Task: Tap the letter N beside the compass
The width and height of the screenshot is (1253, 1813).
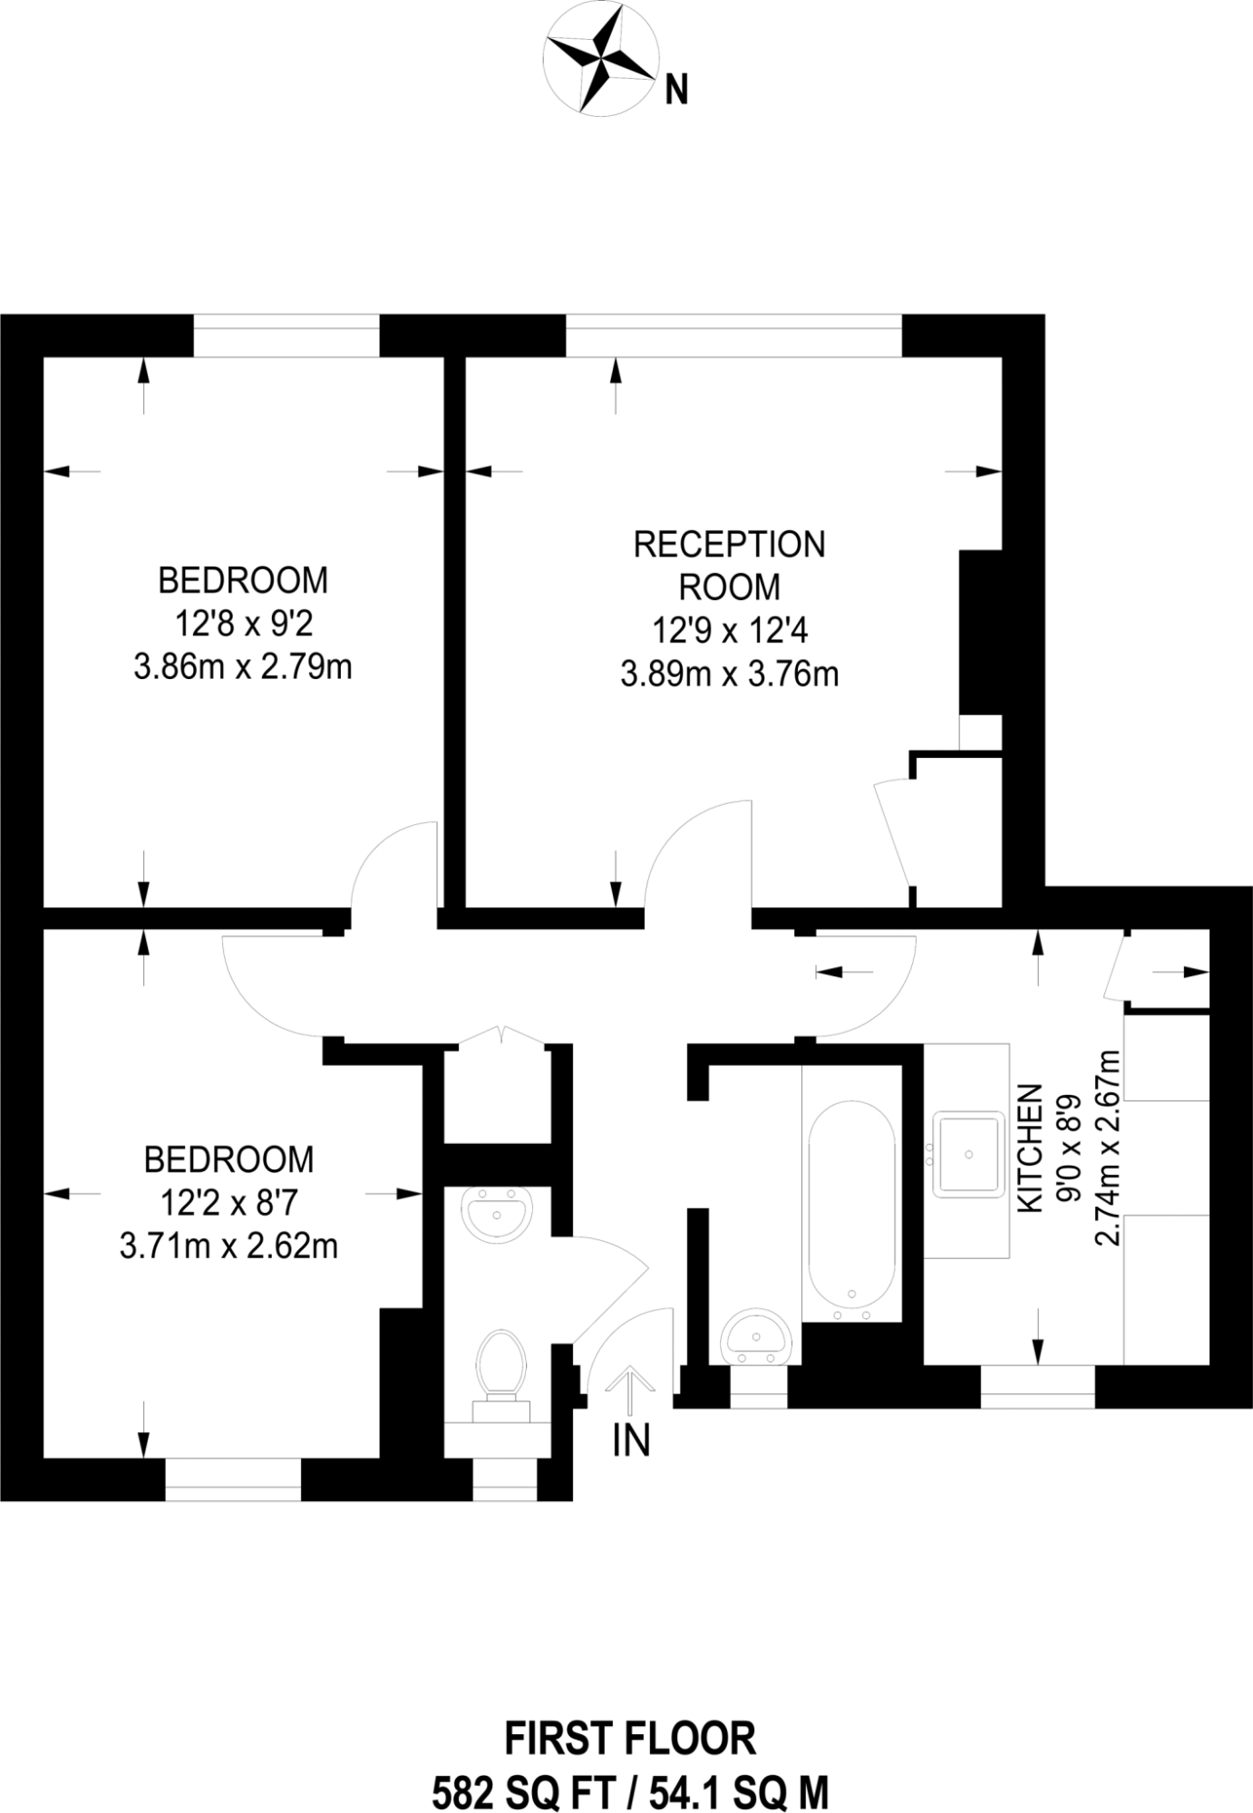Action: coord(676,91)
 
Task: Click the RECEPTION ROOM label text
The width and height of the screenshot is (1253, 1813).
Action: coord(729,566)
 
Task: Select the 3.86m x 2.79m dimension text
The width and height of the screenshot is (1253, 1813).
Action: coord(242,668)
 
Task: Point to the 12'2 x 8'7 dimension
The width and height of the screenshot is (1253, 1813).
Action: coord(228,1203)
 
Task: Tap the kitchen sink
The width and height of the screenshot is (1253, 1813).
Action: coord(969,1154)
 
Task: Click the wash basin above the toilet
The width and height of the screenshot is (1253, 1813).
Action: coord(497,1212)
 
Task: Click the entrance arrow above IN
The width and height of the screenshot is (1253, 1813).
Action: coord(630,1391)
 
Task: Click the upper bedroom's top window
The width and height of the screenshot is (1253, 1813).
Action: coord(286,336)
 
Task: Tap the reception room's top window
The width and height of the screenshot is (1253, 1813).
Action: coord(733,336)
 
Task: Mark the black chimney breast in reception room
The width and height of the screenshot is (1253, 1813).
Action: coord(981,632)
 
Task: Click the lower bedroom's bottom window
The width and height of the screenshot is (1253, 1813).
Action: coord(232,1479)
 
